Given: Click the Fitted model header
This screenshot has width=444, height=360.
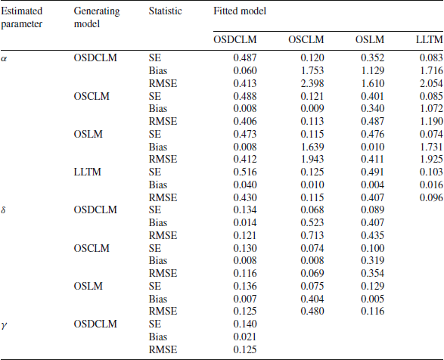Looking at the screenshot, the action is (240, 11).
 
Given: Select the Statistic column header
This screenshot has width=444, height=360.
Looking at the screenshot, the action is (166, 11).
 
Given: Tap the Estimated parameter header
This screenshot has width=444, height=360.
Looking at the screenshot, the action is (21, 17).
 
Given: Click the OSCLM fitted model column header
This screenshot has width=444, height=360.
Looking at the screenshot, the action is (306, 39).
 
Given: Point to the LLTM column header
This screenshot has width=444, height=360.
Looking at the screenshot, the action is (430, 39).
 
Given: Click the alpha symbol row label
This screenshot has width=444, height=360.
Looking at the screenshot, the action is (4, 58).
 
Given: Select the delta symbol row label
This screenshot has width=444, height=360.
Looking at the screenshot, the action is (3, 210).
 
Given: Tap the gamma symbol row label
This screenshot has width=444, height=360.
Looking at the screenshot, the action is (4, 325).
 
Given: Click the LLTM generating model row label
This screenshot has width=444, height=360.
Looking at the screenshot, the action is (87, 172).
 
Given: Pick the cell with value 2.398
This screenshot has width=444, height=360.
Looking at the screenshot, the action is (312, 83).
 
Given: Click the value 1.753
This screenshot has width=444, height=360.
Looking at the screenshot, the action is (312, 70).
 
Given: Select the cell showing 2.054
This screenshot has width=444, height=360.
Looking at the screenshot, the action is (431, 83).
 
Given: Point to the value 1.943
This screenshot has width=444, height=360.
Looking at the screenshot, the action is (312, 159).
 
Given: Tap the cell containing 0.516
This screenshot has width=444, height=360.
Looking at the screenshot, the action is (245, 172).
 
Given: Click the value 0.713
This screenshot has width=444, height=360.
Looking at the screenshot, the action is (312, 235).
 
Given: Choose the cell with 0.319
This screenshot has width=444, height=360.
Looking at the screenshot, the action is (373, 261).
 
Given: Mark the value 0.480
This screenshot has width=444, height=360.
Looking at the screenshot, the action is (312, 311).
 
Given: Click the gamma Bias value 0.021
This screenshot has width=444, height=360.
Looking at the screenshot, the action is (245, 337).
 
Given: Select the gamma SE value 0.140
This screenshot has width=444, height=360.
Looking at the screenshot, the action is (245, 324).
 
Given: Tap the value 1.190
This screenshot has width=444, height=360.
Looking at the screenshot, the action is (431, 121).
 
